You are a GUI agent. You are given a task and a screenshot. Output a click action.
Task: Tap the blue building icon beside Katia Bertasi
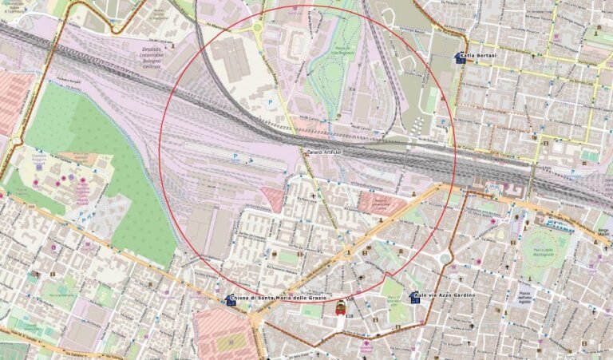point(460,57)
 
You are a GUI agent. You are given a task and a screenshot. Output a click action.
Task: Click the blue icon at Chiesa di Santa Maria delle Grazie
point(231,300)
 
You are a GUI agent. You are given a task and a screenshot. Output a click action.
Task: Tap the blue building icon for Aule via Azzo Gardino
point(413,297)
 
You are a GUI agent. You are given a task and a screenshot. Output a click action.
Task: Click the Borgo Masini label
point(605,231)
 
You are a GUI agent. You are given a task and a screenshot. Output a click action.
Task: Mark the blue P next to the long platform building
point(235,156)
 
